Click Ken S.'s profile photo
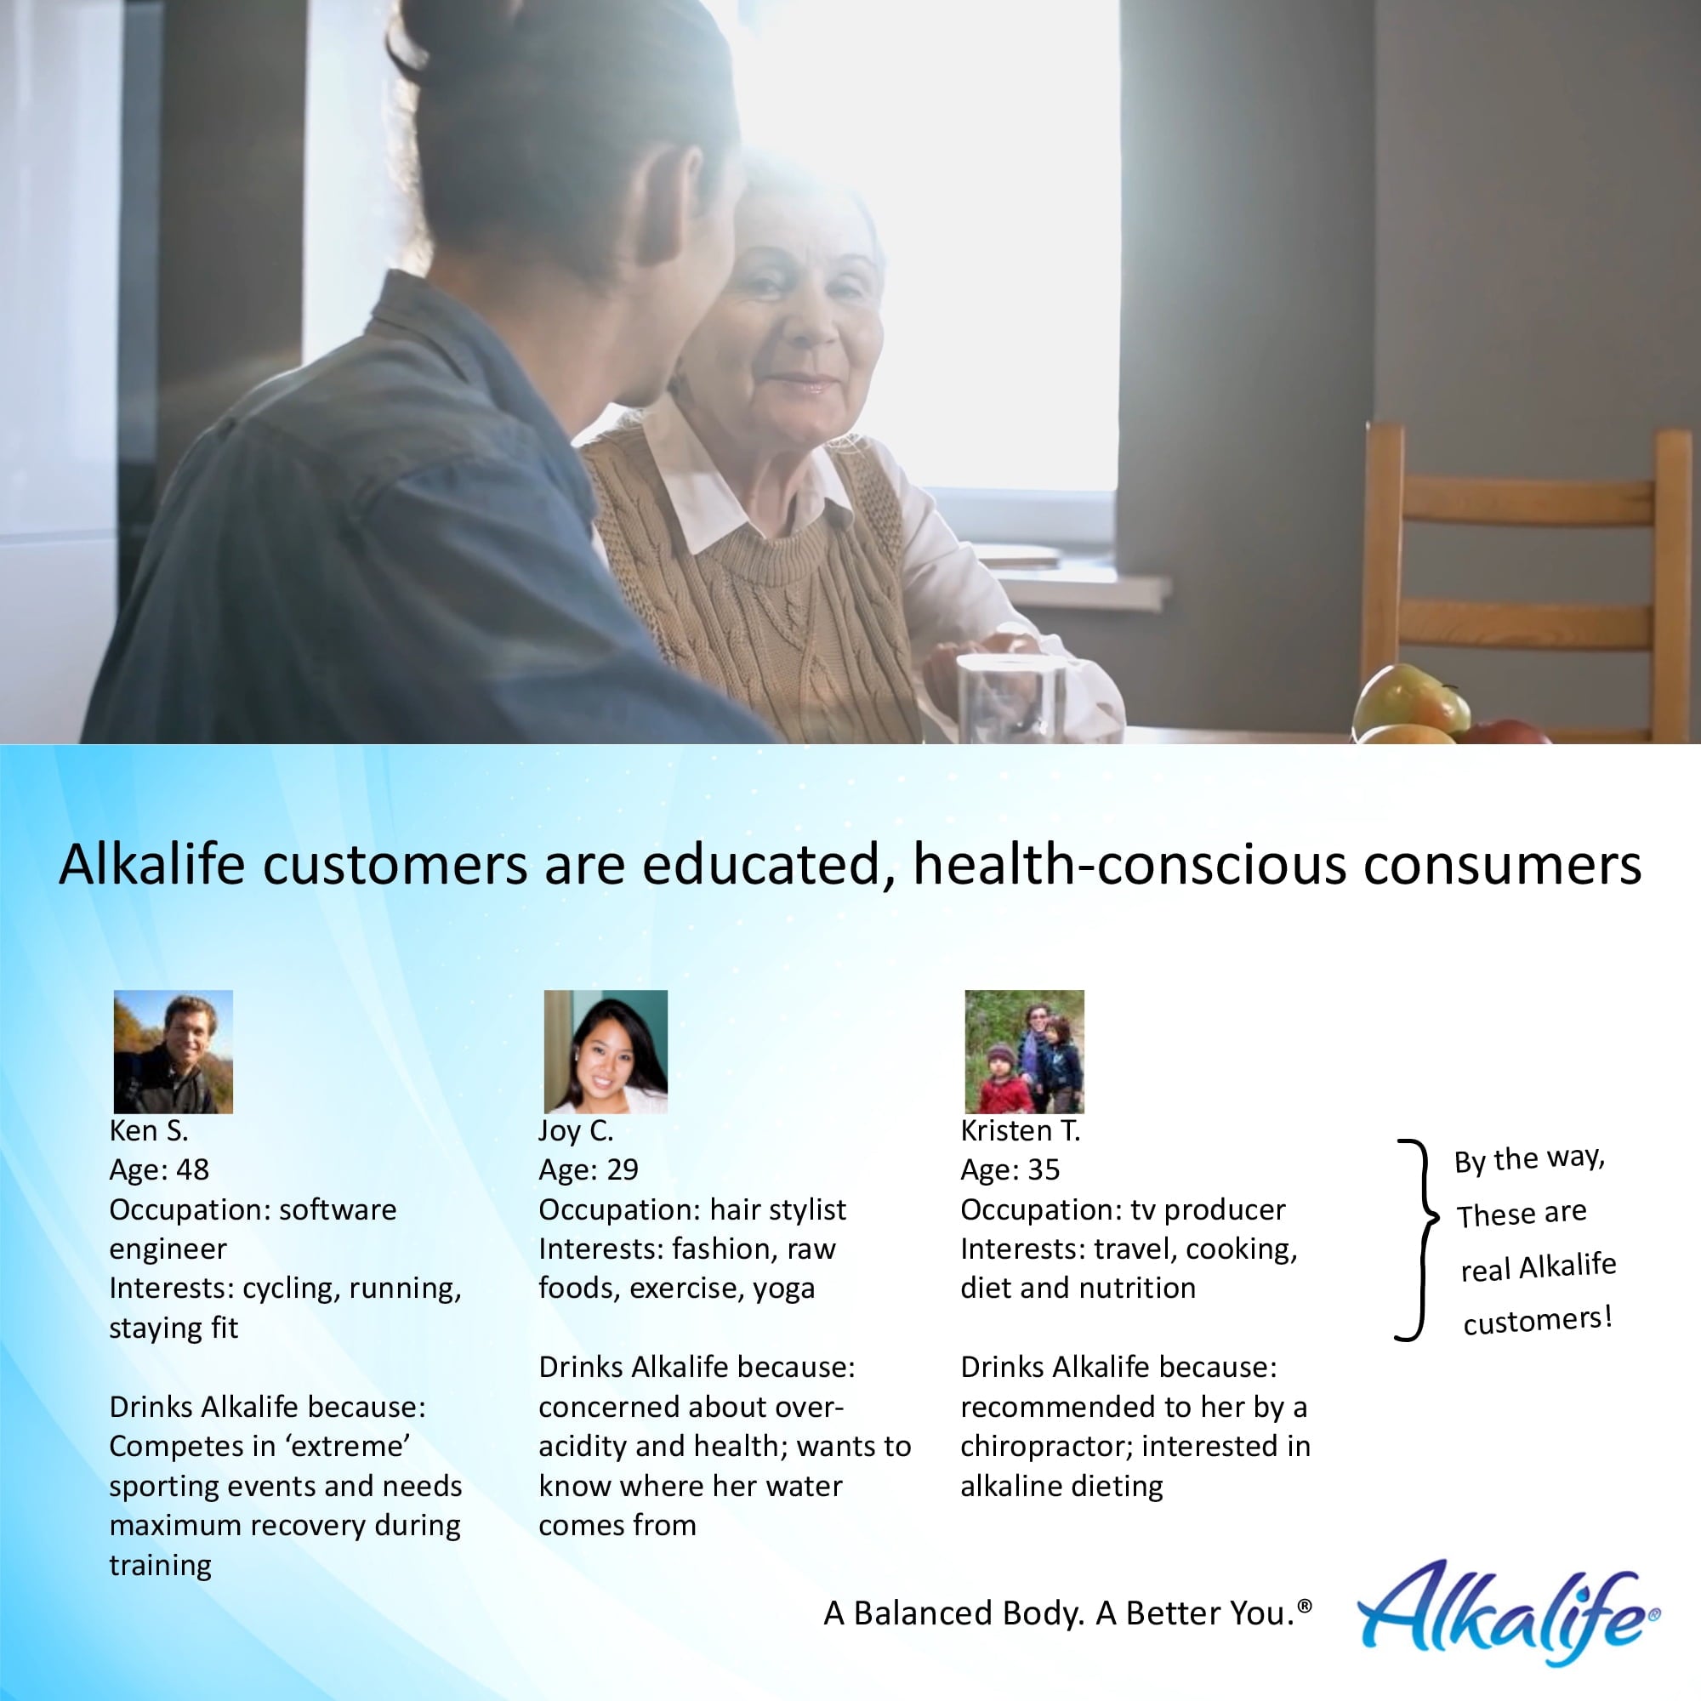(x=174, y=1051)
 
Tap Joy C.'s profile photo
(x=605, y=1051)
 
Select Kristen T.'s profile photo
(x=1024, y=1051)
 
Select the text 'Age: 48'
(x=159, y=1170)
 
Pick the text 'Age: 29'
(x=589, y=1170)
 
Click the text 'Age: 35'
(x=1010, y=1170)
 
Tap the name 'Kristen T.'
(x=1020, y=1130)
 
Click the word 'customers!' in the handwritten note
(x=1537, y=1321)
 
